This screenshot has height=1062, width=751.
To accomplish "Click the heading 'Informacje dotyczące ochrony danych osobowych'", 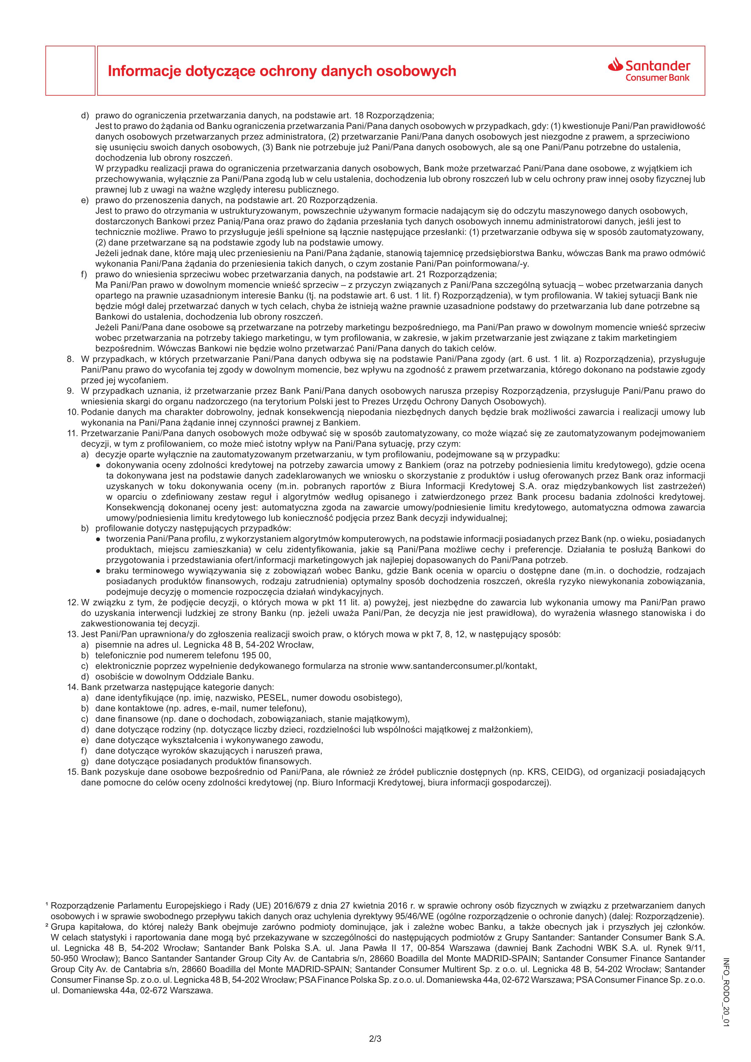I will click(282, 71).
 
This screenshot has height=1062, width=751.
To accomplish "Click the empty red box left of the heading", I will click(70, 71).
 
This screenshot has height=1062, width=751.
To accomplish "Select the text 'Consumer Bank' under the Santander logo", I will click(657, 77).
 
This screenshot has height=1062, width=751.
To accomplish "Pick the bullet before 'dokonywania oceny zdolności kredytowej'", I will click(98, 465).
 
